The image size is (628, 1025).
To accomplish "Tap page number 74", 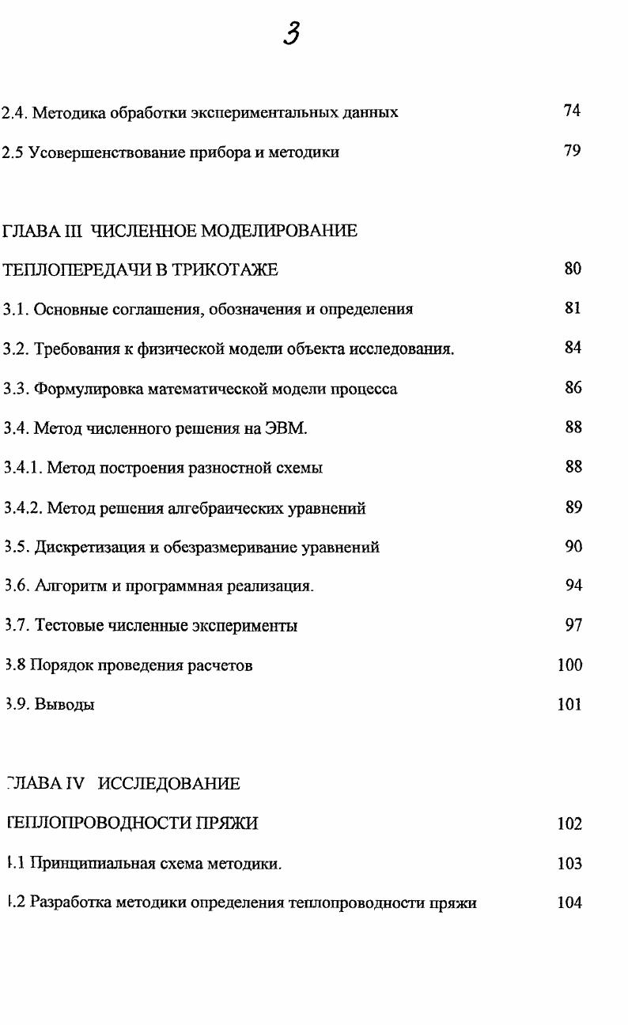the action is point(573,111).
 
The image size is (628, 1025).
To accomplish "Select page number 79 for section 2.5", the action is point(573,151).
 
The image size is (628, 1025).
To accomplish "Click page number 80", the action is point(573,269).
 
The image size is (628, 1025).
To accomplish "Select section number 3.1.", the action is point(15,309).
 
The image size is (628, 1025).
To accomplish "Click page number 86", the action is point(573,387).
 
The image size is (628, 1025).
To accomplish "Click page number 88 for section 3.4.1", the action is point(573,466).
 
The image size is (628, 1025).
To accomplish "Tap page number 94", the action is point(573,585).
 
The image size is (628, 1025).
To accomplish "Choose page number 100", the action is point(569,665).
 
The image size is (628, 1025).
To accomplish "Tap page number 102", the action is point(569,823).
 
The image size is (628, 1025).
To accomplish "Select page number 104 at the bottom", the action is point(569,903).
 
